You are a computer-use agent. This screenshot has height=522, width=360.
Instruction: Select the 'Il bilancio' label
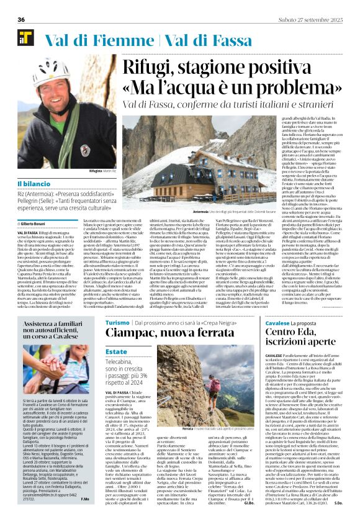(x=35, y=184)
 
